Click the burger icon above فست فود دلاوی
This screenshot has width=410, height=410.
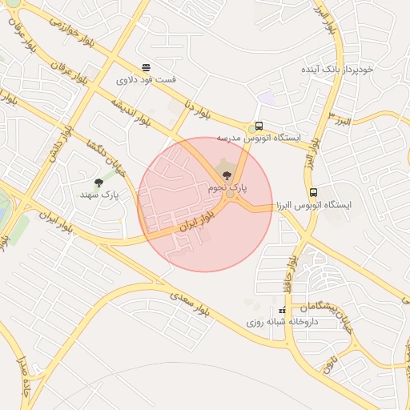coord(146,67)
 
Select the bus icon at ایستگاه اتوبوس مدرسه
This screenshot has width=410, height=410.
coord(258,127)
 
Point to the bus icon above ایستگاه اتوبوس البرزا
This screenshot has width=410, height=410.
coord(313,193)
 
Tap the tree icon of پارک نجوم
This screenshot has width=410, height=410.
coord(223,175)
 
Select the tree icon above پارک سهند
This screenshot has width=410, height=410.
coord(98,183)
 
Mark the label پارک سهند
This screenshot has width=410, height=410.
coord(98,195)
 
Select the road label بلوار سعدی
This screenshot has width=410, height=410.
coord(190,303)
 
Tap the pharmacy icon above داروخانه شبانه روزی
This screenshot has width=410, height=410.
coord(282,310)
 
